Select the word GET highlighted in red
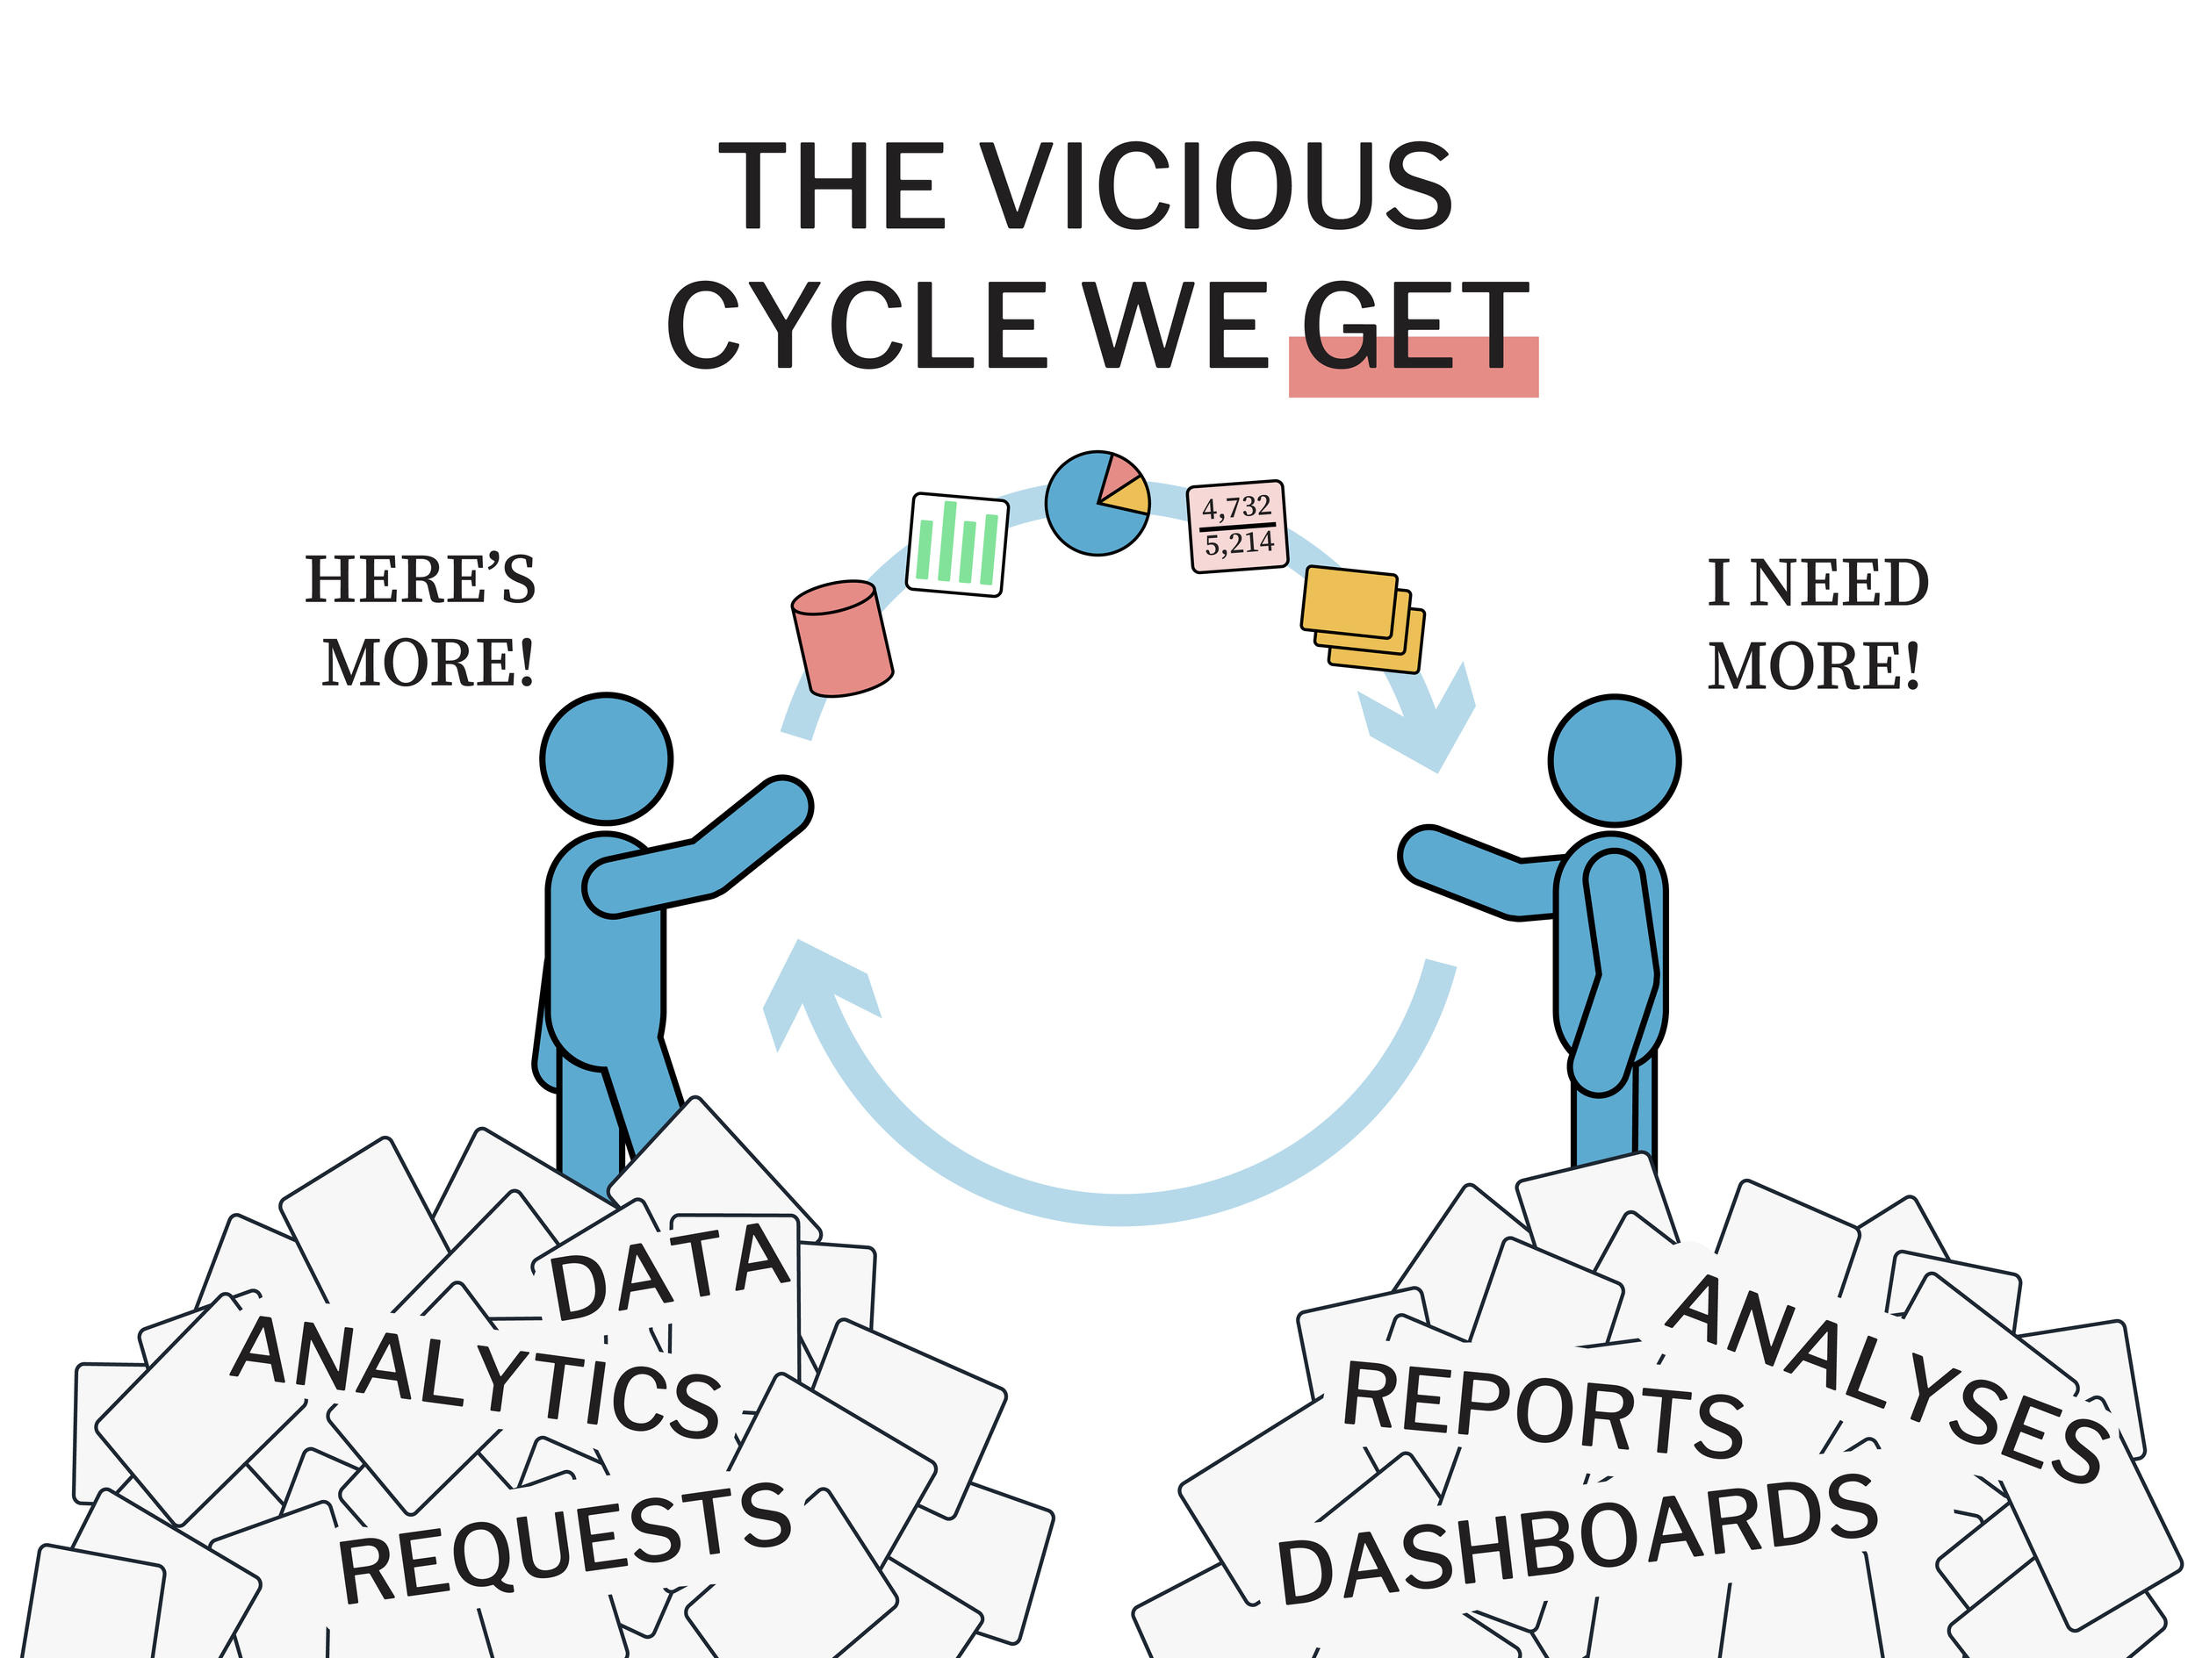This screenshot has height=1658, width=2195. (1414, 325)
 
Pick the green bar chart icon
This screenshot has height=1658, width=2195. (958, 543)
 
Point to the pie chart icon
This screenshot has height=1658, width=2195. (1097, 503)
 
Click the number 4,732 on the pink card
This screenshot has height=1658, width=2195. (1236, 508)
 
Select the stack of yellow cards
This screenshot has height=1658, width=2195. (1363, 618)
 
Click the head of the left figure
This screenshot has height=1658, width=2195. (607, 758)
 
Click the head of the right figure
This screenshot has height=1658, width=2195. (1614, 760)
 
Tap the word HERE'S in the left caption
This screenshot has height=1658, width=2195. (420, 580)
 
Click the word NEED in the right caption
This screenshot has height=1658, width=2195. (1838, 584)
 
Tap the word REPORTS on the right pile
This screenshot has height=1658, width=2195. (1542, 1410)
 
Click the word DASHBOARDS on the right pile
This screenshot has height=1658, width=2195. (1577, 1538)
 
